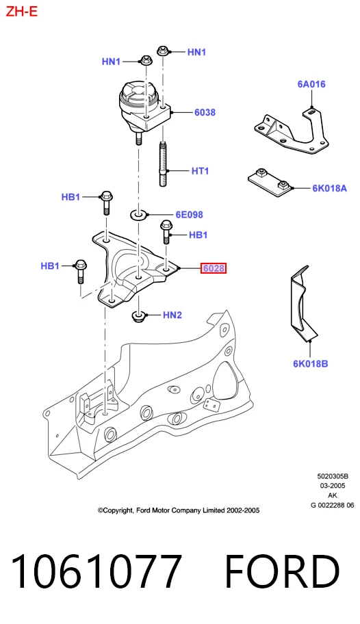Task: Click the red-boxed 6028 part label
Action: pyautogui.click(x=214, y=269)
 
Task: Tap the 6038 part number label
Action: pyautogui.click(x=205, y=113)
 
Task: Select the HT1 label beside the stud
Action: pyautogui.click(x=200, y=171)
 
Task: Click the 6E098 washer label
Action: pyautogui.click(x=189, y=215)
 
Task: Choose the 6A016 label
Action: pyautogui.click(x=311, y=84)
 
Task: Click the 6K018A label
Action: pyautogui.click(x=329, y=188)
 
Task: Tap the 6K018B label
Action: pyautogui.click(x=311, y=363)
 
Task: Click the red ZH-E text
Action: pyautogui.click(x=21, y=12)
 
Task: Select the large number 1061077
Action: pyautogui.click(x=97, y=571)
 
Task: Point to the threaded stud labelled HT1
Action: pyautogui.click(x=163, y=164)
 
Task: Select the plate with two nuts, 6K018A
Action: pyautogui.click(x=271, y=183)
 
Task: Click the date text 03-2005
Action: pyautogui.click(x=333, y=486)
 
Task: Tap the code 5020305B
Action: pyautogui.click(x=333, y=476)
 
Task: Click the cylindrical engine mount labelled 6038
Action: pyautogui.click(x=144, y=107)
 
